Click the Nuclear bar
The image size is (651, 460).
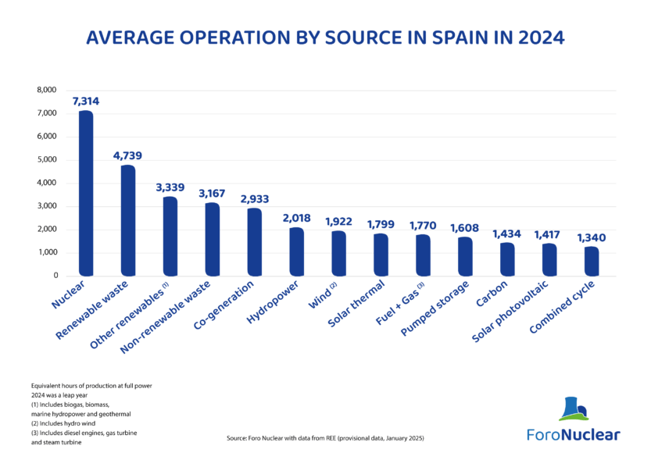tap(86, 193)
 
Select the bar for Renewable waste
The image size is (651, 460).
tap(128, 221)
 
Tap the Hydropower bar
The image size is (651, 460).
tap(296, 251)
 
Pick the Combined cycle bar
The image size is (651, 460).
tap(592, 262)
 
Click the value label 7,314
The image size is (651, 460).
tap(86, 102)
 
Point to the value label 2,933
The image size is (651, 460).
tap(255, 199)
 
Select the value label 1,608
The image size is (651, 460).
tap(464, 228)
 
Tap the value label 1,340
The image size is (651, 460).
tap(591, 237)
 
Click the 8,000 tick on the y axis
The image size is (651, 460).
tap(47, 90)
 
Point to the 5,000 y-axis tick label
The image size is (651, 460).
tap(47, 159)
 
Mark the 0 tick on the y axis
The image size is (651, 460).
tap(55, 276)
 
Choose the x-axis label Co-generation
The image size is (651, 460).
tap(224, 305)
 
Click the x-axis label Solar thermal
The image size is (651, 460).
tap(356, 303)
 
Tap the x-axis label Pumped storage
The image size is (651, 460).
tap(435, 308)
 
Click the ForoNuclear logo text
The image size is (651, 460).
tap(574, 435)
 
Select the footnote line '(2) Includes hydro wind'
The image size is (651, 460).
tap(63, 423)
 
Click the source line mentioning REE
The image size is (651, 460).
tap(325, 438)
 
